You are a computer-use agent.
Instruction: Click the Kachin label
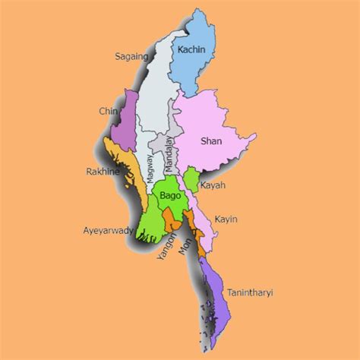(x=191, y=51)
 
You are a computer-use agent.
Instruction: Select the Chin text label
(x=108, y=112)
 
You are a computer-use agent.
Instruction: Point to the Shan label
(x=210, y=141)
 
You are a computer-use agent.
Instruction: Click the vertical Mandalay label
(x=169, y=153)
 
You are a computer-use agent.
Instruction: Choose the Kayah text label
(x=213, y=185)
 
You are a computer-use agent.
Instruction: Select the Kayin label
(x=226, y=219)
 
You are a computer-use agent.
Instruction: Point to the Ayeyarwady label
(x=109, y=229)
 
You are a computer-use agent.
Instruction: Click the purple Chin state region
(x=125, y=122)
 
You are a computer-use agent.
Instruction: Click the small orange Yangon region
(x=173, y=224)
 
